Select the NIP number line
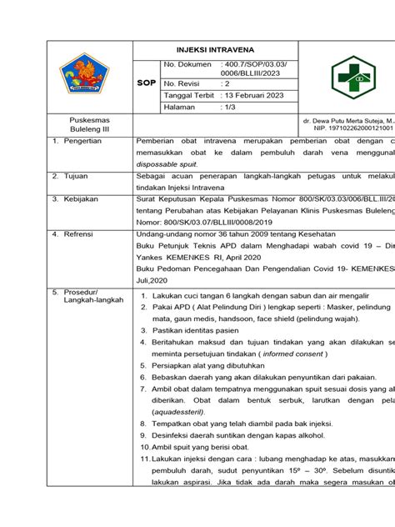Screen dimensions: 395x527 [341, 130]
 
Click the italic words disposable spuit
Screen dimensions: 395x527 [164, 165]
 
